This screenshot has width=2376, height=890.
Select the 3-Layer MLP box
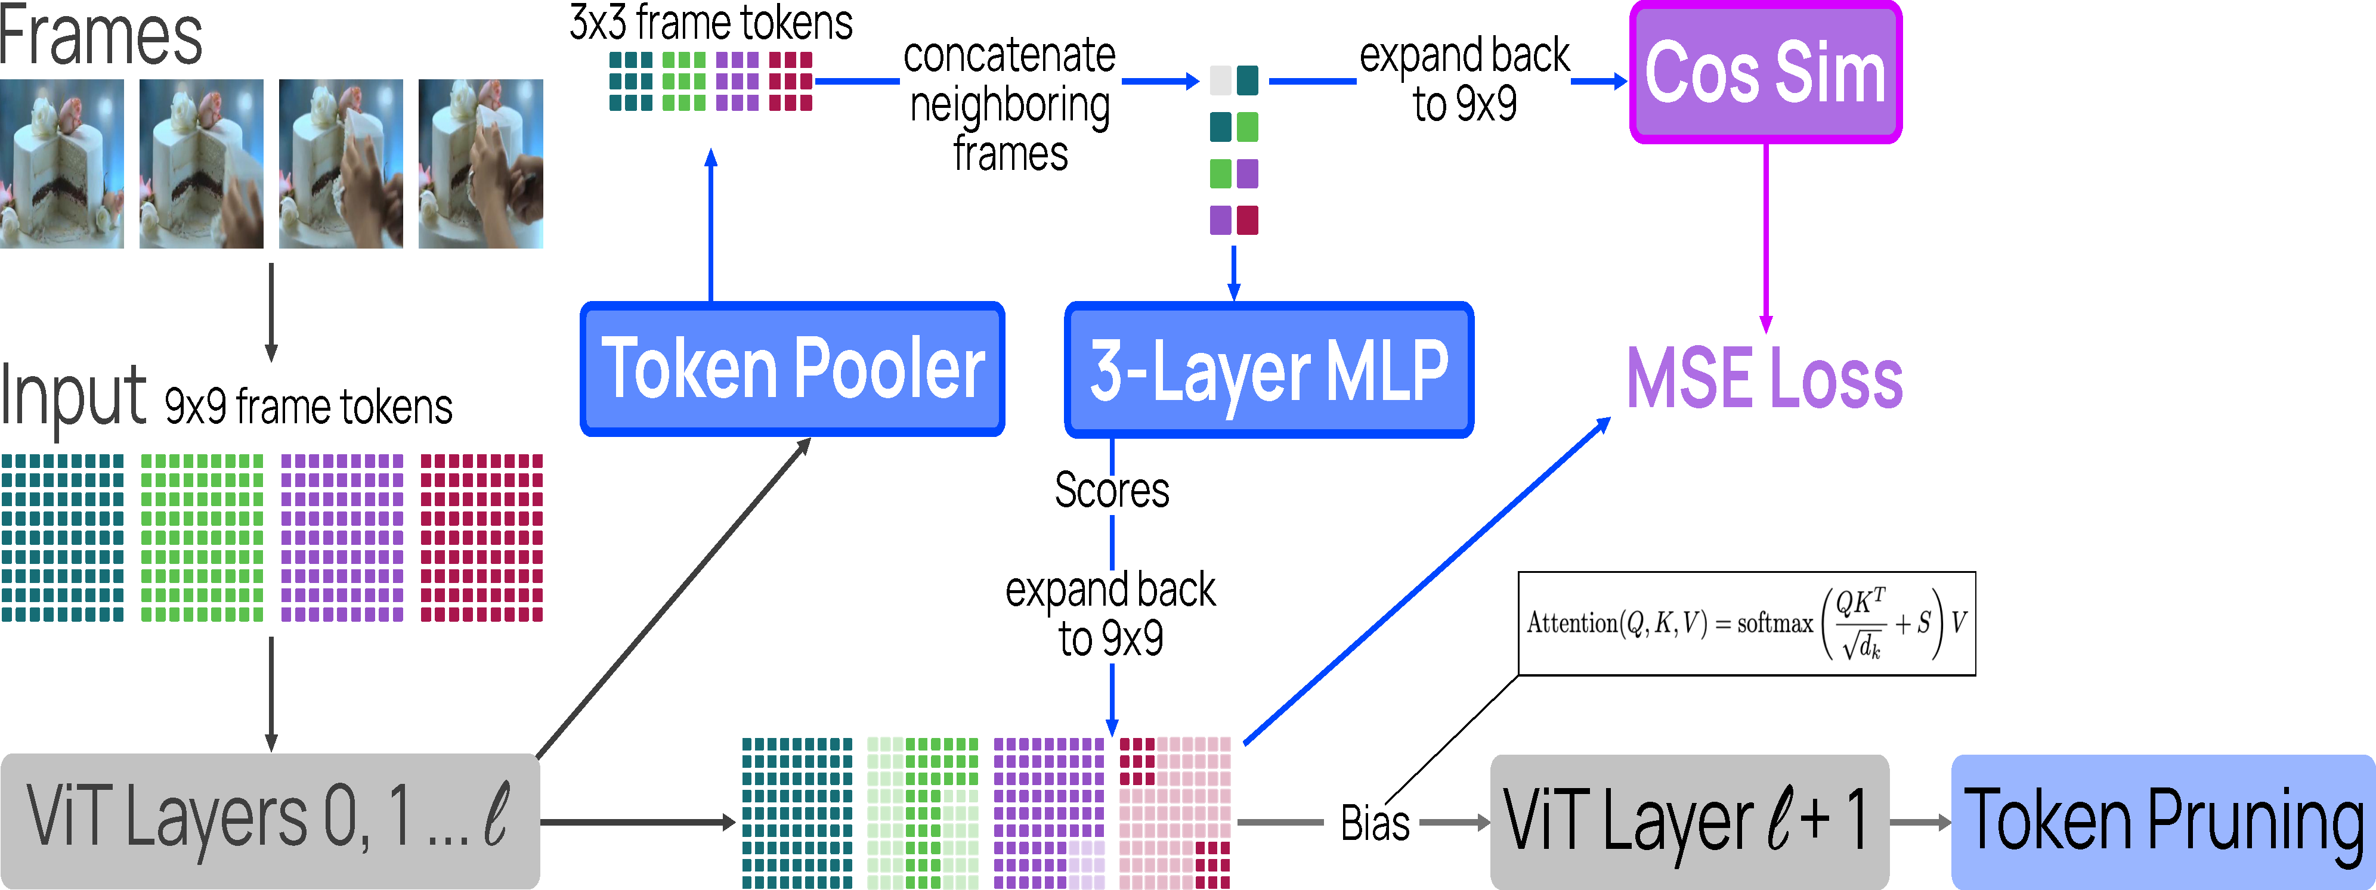click(1269, 370)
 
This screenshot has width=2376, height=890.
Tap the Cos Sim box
click(1765, 73)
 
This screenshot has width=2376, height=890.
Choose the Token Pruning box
click(2162, 821)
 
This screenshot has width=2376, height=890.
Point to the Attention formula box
click(1746, 624)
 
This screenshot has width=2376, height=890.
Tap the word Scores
click(1112, 490)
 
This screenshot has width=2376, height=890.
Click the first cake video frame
click(62, 163)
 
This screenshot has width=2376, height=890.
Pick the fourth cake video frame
click(481, 163)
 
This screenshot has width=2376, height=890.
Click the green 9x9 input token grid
click(202, 538)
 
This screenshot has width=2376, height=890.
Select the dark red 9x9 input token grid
click(481, 538)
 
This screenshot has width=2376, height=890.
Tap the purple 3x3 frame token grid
click(737, 81)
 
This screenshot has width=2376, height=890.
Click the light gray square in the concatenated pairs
click(1220, 80)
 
